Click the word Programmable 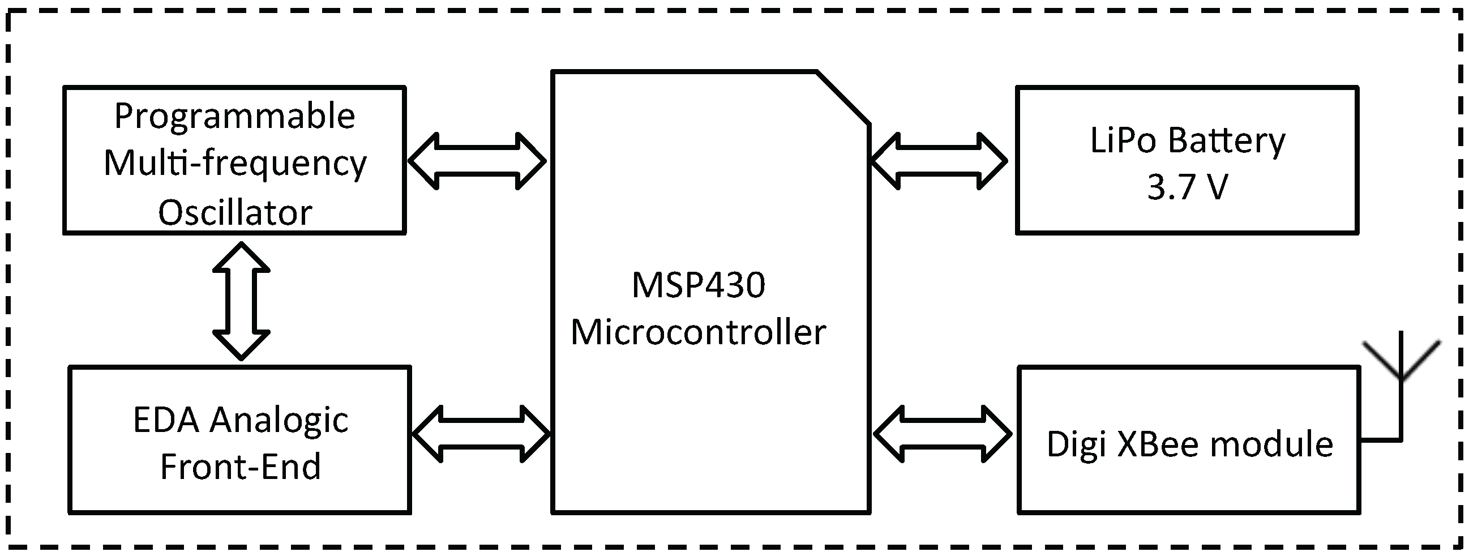(234, 117)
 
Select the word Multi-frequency (235, 164)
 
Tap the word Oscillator (235, 213)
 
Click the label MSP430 (699, 285)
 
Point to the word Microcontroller (699, 332)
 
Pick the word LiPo (1124, 140)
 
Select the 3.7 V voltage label (1187, 187)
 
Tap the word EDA (166, 420)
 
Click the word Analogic (279, 421)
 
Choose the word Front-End (240, 467)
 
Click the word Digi (1072, 445)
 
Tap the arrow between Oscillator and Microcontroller (477, 161)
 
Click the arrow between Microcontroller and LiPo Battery (939, 161)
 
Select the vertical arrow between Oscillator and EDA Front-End (241, 301)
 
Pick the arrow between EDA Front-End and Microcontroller (481, 434)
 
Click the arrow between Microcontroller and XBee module (943, 434)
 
